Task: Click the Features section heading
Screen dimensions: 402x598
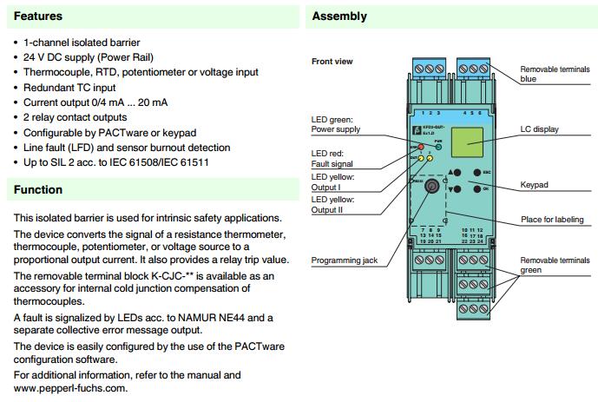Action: pyautogui.click(x=38, y=16)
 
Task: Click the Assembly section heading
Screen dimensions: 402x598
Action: pyautogui.click(x=339, y=16)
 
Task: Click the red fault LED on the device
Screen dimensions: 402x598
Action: pyautogui.click(x=420, y=147)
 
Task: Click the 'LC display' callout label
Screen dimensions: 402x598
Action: pyautogui.click(x=541, y=129)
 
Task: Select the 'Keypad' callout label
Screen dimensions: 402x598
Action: pyautogui.click(x=535, y=185)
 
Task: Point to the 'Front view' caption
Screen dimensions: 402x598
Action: pyautogui.click(x=332, y=62)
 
